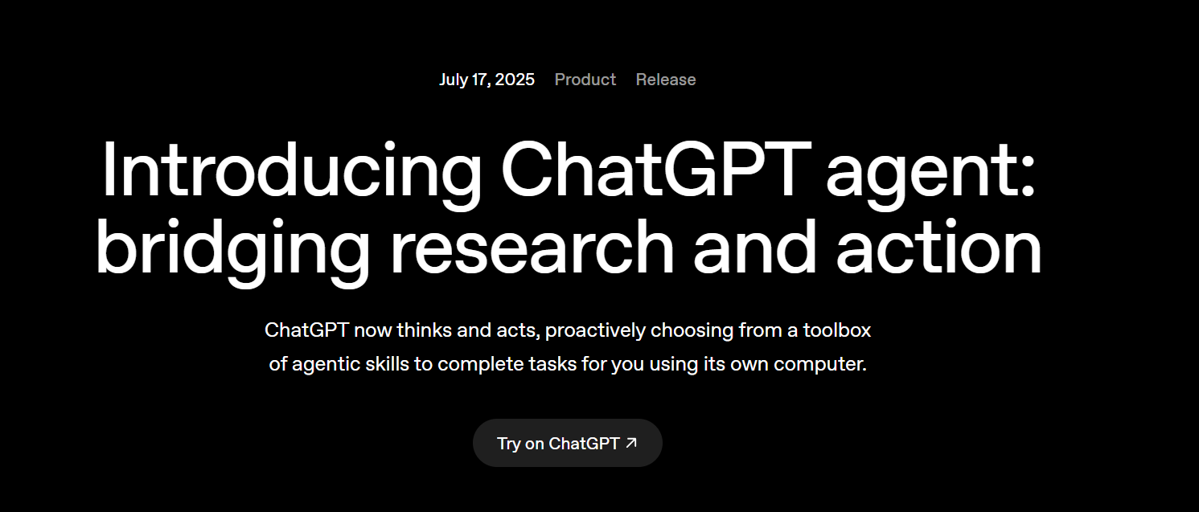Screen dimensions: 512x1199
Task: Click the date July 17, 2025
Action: coord(487,80)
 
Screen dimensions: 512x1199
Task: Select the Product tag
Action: coord(585,80)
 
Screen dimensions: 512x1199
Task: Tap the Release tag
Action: coord(666,80)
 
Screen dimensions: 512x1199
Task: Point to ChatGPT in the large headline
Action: coord(655,172)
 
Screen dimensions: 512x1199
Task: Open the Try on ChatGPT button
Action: coord(567,443)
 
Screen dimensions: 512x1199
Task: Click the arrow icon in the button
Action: coord(631,442)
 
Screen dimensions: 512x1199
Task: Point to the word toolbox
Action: coord(837,330)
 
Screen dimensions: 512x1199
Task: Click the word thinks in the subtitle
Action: coord(425,330)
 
